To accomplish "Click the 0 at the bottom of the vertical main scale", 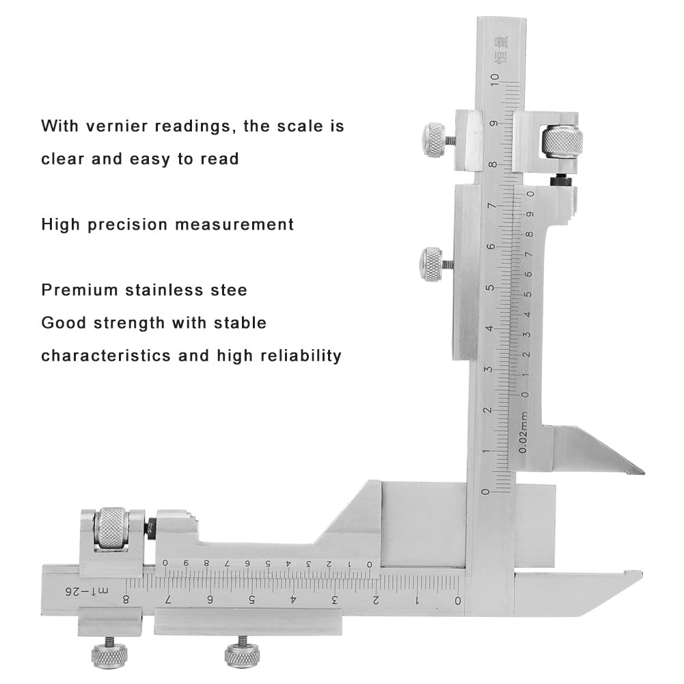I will [x=486, y=492].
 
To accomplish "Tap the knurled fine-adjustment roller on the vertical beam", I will [x=562, y=141].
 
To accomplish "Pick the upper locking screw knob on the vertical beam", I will [x=434, y=140].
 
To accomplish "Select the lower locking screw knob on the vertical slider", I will [x=431, y=264].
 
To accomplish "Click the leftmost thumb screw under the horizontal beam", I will [x=109, y=655].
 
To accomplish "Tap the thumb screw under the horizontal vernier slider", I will [x=241, y=655].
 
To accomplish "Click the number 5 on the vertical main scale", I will [x=487, y=288].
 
